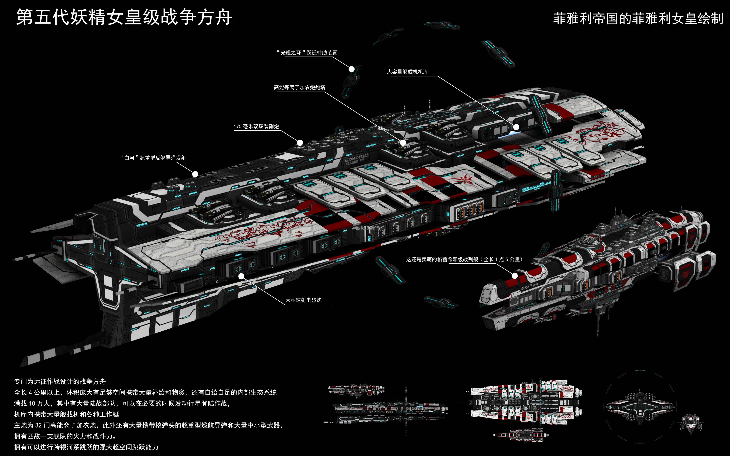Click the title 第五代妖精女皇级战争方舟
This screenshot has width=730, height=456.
click(x=124, y=17)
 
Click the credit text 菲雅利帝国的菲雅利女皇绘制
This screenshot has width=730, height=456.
click(x=638, y=19)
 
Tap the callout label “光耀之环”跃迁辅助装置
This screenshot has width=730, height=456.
click(x=307, y=53)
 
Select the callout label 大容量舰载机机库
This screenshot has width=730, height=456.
click(x=408, y=72)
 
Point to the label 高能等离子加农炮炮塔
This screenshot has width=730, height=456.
click(x=299, y=87)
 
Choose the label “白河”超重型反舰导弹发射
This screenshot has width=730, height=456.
click(x=153, y=158)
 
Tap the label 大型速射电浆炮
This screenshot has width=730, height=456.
click(x=303, y=300)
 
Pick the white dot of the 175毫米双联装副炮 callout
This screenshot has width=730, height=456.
click(x=300, y=143)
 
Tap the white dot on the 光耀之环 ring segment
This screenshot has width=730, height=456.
click(x=351, y=69)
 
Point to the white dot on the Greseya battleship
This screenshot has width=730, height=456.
click(x=515, y=275)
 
